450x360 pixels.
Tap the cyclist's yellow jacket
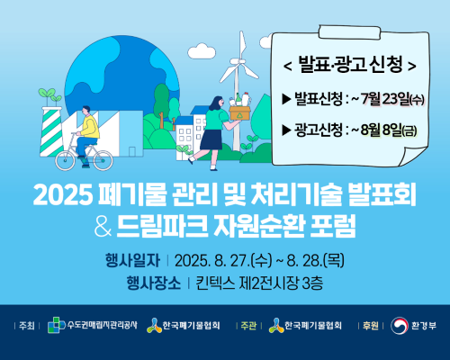point(90,127)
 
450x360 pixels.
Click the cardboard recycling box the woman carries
point(239,112)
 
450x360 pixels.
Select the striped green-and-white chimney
point(51,132)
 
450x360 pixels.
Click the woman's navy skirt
point(211,139)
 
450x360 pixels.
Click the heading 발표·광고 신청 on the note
point(350,64)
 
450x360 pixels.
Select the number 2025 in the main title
point(63,194)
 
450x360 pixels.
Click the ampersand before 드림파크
point(103,227)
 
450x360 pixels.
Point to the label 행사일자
point(132,260)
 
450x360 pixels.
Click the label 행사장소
point(154,283)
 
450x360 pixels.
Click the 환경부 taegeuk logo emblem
point(400,326)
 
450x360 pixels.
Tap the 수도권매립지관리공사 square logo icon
point(57,325)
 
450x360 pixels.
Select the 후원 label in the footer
point(371,326)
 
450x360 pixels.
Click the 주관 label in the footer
point(248,326)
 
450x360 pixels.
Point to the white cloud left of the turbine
point(202,51)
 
